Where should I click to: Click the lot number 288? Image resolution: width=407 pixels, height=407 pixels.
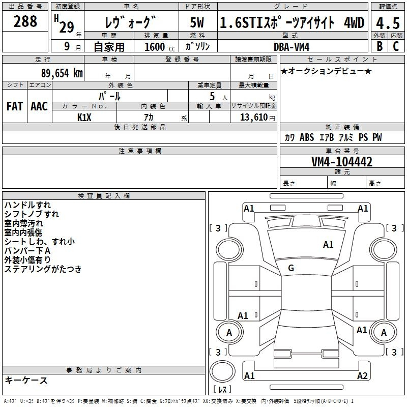25,21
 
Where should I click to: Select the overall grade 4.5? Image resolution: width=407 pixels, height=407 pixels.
388,23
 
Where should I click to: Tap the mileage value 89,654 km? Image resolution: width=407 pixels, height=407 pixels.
62,73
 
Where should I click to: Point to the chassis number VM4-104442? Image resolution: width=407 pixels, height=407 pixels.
342,162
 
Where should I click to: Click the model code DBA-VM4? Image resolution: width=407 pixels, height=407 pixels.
292,47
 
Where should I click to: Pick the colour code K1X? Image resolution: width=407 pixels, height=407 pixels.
84,118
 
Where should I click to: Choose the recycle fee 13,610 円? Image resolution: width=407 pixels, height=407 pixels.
257,118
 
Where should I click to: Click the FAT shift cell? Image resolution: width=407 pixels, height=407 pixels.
15,106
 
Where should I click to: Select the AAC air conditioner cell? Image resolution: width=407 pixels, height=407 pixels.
39,106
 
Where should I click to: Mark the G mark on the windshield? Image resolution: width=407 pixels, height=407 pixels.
291,268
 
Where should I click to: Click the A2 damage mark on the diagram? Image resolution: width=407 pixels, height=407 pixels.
362,375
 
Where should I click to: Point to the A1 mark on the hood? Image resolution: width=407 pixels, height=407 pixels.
328,244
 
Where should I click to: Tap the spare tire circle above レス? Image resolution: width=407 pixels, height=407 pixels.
222,371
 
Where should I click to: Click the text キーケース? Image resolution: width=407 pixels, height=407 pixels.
26,380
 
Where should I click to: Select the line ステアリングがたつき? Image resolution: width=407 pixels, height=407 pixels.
43,269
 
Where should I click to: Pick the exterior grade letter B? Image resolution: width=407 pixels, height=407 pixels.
380,46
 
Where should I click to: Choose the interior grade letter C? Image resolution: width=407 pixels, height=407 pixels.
396,46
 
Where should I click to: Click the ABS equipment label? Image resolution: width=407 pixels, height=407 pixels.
307,137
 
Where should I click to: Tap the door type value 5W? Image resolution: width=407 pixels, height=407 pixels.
197,22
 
